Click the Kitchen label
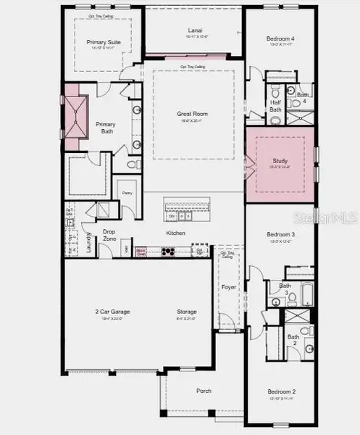pyautogui.click(x=176, y=233)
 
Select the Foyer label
pyautogui.click(x=229, y=288)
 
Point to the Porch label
pyautogui.click(x=204, y=390)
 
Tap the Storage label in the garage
pyautogui.click(x=187, y=312)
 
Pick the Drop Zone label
pyautogui.click(x=109, y=235)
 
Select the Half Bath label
pyautogui.click(x=275, y=106)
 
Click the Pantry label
pyautogui.click(x=127, y=193)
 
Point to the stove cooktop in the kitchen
pyautogui.click(x=169, y=252)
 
